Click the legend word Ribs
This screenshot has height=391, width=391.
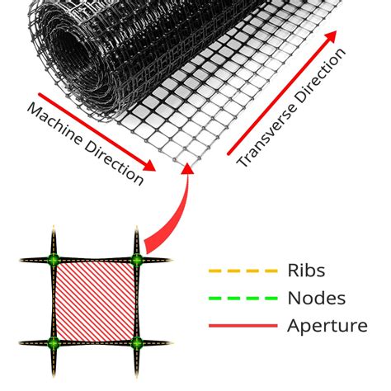point(307,271)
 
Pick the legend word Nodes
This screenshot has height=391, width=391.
point(316,298)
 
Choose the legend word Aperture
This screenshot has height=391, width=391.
point(327,325)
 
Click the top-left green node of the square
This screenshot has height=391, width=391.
point(54,261)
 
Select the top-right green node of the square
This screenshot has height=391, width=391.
point(136,261)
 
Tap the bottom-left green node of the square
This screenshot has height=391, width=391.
point(54,342)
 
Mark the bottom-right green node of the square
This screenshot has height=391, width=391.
point(136,342)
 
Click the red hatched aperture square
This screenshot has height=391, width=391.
point(95,301)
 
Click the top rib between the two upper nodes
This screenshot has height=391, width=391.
point(95,261)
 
